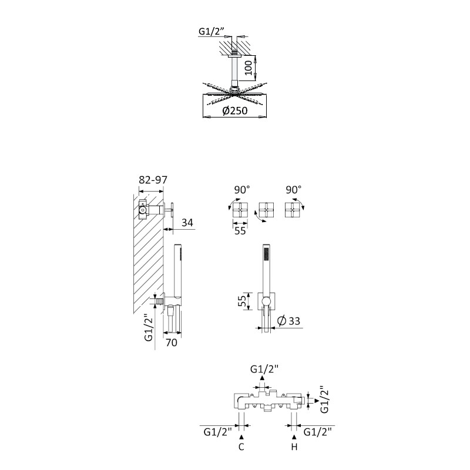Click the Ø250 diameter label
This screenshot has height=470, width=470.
click(235, 110)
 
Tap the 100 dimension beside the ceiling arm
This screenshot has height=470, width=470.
click(248, 68)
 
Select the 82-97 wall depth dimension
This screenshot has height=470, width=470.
click(153, 180)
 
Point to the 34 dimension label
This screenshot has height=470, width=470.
click(187, 223)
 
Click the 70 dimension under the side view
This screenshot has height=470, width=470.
click(172, 343)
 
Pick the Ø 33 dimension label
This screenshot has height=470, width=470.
click(288, 321)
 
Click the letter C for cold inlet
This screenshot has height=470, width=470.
click(241, 447)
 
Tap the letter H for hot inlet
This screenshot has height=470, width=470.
click(294, 447)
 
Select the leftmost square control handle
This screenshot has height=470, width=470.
click(240, 210)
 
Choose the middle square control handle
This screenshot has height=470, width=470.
click(266, 210)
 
